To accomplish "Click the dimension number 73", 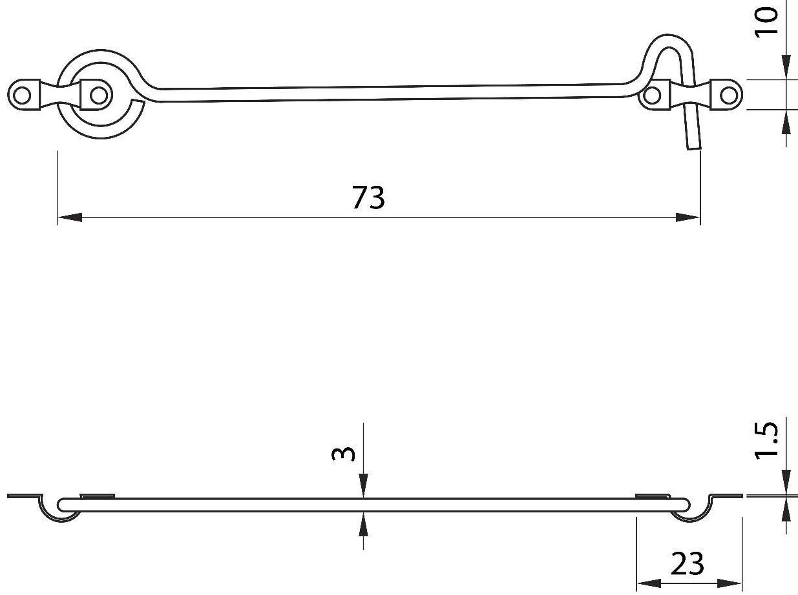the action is (368, 197).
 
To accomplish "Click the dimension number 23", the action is (687, 563).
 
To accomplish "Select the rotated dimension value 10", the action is (766, 23).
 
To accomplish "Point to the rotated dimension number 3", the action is (343, 454).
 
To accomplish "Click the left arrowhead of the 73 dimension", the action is (70, 217).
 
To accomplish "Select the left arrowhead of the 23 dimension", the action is (649, 584).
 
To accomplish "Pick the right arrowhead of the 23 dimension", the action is (730, 584).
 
